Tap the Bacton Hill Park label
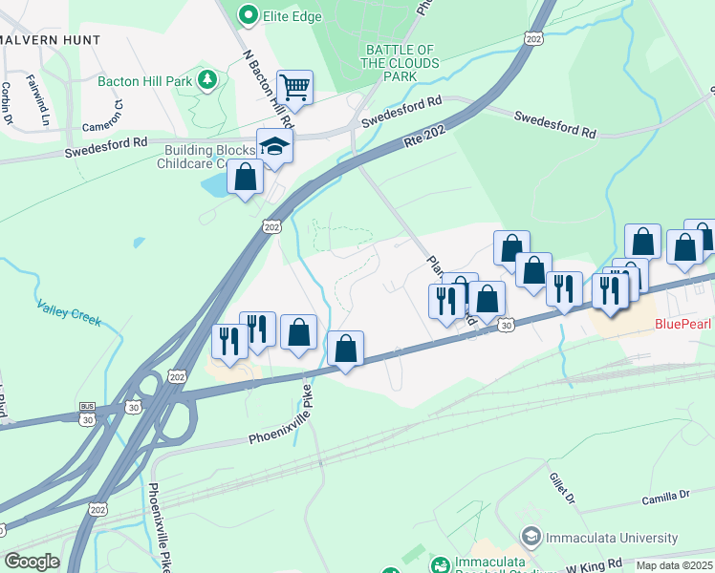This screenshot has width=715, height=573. (143, 81)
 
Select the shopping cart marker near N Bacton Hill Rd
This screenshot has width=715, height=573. (295, 87)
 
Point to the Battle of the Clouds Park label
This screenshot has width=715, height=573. (399, 63)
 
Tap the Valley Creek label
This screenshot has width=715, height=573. (69, 313)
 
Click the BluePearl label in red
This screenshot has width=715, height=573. (683, 324)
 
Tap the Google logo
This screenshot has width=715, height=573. (32, 562)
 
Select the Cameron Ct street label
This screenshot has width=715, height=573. (102, 121)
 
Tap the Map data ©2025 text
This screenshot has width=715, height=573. (674, 565)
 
